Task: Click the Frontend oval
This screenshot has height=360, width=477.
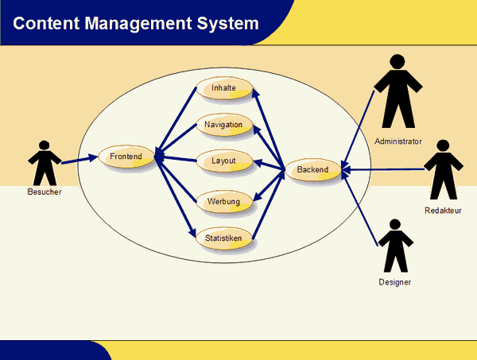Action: pyautogui.click(x=126, y=157)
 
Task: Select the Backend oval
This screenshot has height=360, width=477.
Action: pyautogui.click(x=312, y=170)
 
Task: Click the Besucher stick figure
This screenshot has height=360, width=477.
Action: pyautogui.click(x=45, y=163)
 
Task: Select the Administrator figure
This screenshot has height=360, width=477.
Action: pyautogui.click(x=397, y=91)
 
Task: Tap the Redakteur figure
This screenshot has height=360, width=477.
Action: pyautogui.click(x=443, y=170)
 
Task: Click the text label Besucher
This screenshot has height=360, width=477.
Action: pyautogui.click(x=45, y=192)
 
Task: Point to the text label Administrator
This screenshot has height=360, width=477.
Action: pyautogui.click(x=397, y=141)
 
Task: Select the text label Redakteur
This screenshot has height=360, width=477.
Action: pyautogui.click(x=443, y=211)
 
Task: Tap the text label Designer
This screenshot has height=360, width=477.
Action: pyautogui.click(x=395, y=281)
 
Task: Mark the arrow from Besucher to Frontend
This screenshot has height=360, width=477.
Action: pyautogui.click(x=79, y=160)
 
